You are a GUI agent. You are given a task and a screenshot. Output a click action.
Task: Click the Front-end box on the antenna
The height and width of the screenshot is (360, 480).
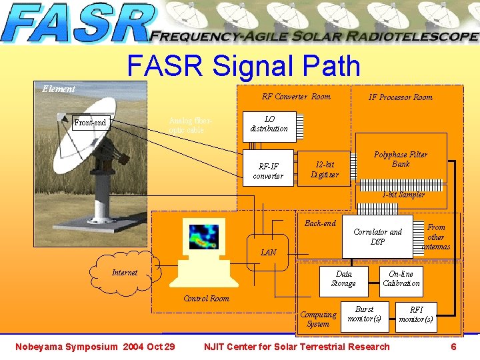pos(90,123)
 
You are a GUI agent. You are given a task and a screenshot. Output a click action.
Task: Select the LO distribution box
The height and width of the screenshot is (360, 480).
pos(269,124)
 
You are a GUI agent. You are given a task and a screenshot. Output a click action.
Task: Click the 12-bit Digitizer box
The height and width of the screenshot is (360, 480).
pos(324,170)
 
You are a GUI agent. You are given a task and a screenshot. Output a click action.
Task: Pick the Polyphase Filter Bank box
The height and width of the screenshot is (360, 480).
pos(400,160)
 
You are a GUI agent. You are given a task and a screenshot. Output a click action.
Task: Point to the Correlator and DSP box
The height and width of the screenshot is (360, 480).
pos(377,236)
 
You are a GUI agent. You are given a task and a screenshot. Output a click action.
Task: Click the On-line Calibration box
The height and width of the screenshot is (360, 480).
pos(401,279)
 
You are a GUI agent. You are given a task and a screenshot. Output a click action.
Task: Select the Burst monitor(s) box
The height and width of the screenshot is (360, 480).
pos(364,314)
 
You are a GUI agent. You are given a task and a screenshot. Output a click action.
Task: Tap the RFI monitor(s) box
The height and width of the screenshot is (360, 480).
pos(415,315)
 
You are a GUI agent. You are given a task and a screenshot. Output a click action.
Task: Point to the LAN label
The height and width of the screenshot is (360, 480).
pos(268,253)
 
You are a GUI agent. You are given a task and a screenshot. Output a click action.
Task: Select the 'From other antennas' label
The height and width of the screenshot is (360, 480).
pos(436,237)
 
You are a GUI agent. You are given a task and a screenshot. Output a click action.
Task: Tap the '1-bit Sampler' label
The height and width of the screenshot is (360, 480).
pos(403,195)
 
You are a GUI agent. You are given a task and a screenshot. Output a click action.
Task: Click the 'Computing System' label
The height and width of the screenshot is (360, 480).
pos(318,319)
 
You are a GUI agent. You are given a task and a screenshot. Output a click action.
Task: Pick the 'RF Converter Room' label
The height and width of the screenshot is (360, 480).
pos(295,97)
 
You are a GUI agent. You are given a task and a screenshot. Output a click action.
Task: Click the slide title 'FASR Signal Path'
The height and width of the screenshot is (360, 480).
pos(243,67)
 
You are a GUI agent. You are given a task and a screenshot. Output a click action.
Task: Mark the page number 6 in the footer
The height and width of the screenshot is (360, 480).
pos(453,347)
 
